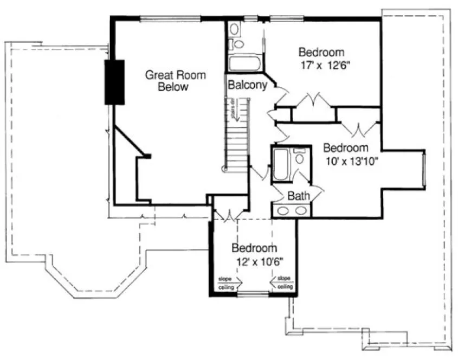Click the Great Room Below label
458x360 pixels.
click(x=175, y=81)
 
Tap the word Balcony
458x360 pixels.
click(x=247, y=85)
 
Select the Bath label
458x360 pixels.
click(x=298, y=196)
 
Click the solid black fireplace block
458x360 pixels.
click(x=114, y=81)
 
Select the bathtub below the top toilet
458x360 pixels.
click(x=245, y=63)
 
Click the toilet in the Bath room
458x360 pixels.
click(x=300, y=158)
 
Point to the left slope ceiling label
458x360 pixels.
click(x=226, y=283)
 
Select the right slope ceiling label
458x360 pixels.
click(x=285, y=283)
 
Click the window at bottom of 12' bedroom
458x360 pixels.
click(x=254, y=294)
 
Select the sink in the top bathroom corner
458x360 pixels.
click(x=235, y=29)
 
